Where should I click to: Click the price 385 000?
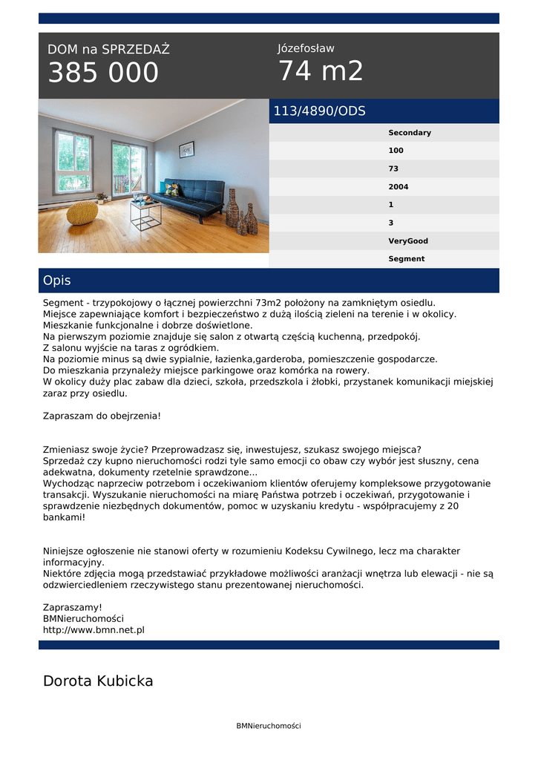103,73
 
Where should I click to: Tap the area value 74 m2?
321,71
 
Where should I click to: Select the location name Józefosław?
306,48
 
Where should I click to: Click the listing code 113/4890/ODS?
319,111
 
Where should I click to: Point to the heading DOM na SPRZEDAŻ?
108,50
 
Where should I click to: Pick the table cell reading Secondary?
409,133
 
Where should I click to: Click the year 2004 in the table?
398,187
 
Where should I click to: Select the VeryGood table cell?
407,241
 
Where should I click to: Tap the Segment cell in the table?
406,259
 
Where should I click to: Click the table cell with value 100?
396,151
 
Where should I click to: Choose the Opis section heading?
57,281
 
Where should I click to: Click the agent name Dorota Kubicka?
98,681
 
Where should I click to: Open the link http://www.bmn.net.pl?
94,629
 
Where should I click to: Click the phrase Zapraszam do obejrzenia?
102,416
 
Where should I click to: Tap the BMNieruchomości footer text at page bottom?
269,726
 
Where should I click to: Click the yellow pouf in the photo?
82,213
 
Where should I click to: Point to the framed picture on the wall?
186,149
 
